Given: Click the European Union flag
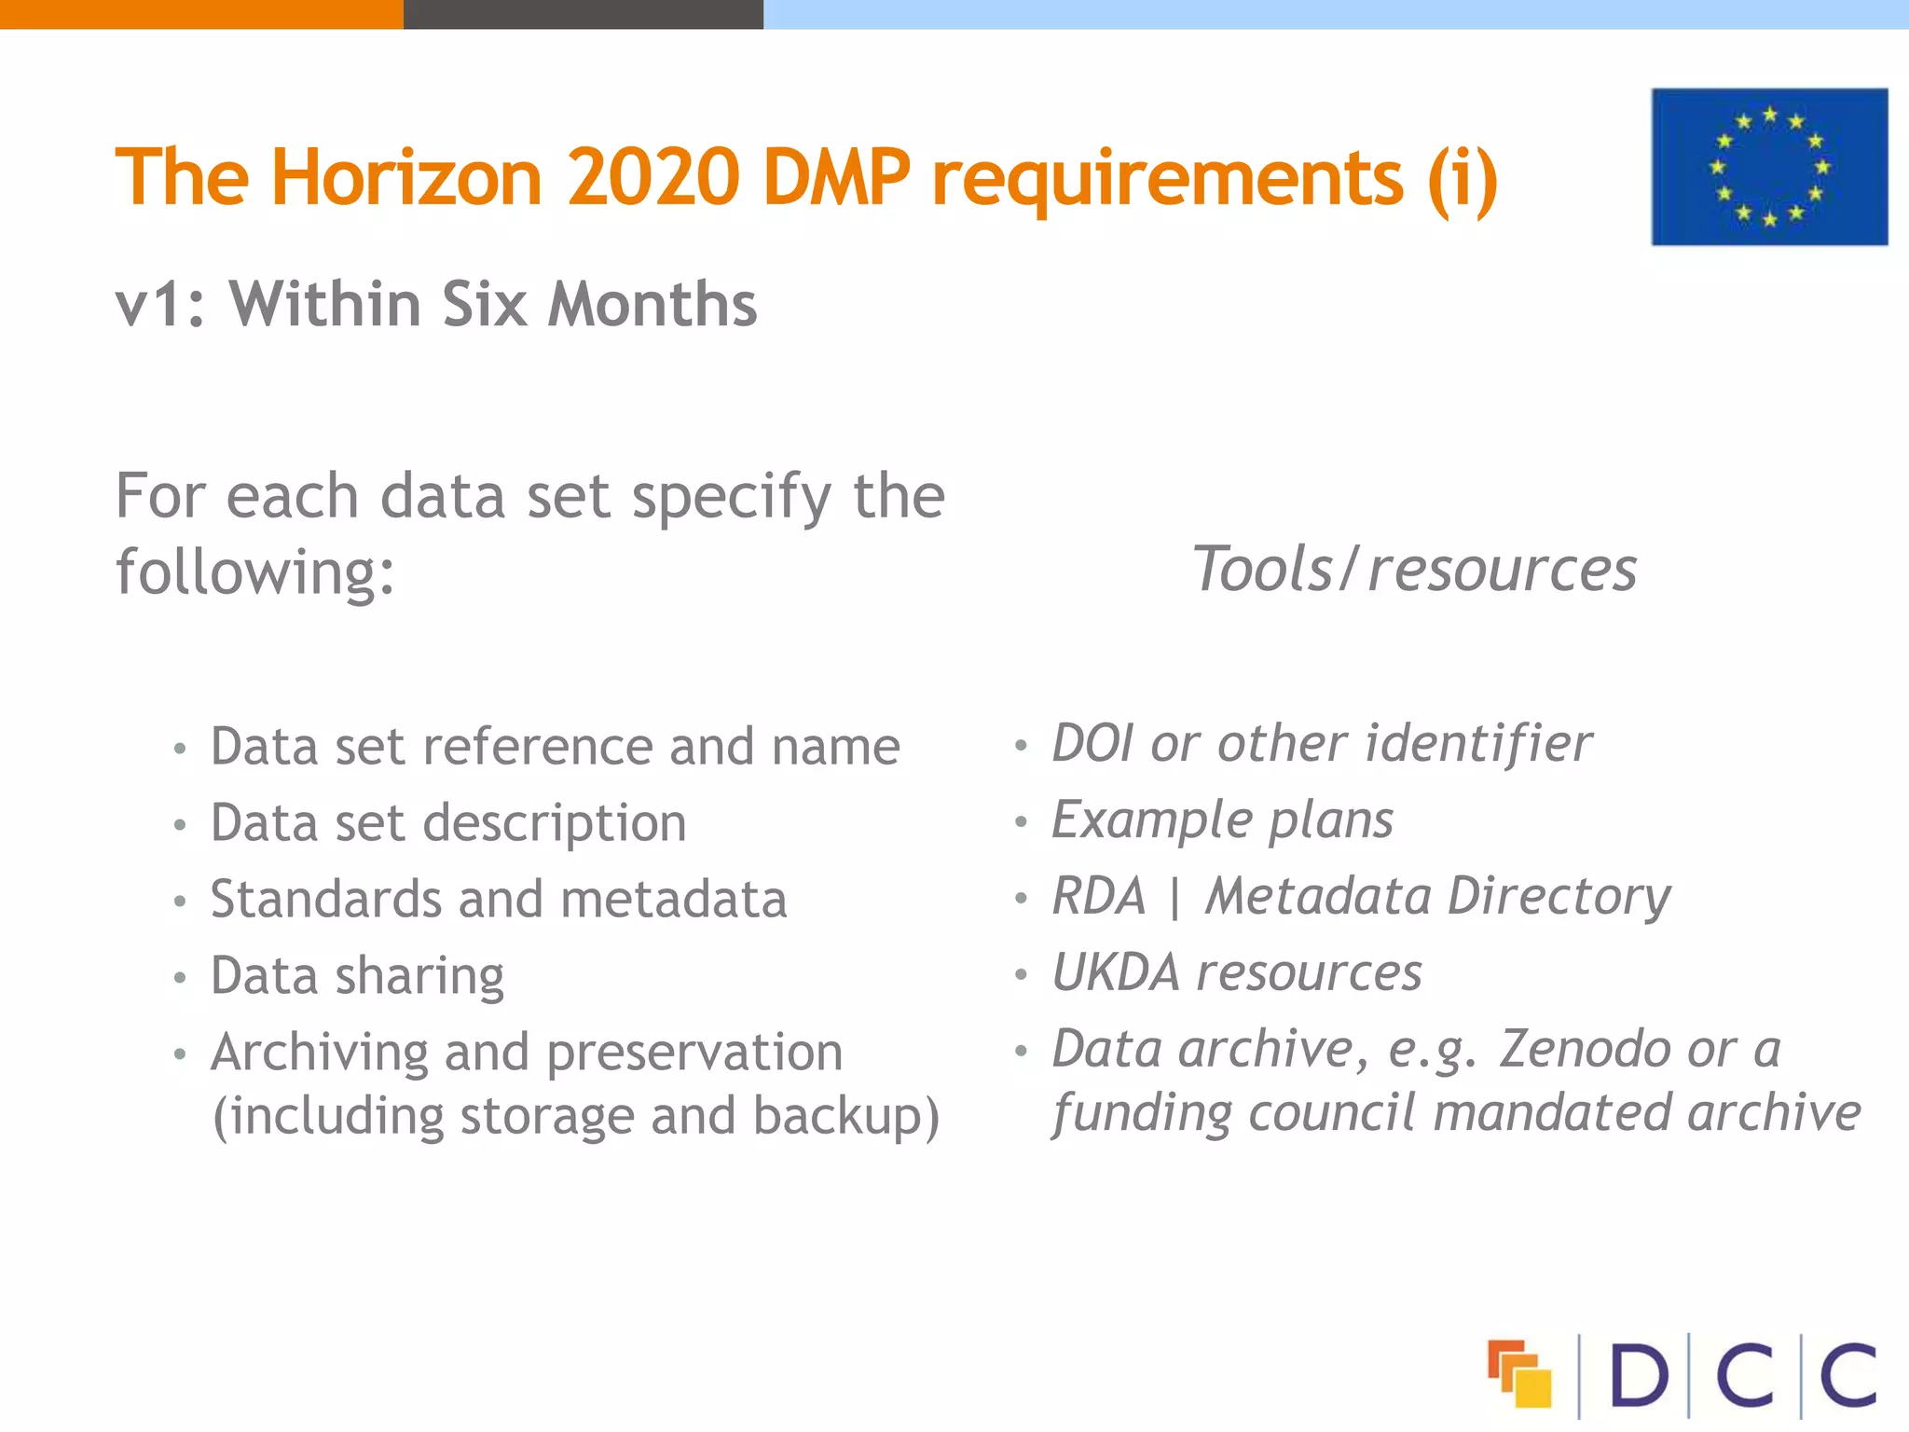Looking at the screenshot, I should point(1769,167).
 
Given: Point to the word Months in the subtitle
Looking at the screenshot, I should point(652,305).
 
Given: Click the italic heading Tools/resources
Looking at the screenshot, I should point(1414,569).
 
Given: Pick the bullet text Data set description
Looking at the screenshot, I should point(448,823).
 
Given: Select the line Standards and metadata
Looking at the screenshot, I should point(499,900).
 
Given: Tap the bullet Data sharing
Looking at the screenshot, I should point(357,976).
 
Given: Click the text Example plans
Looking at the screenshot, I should point(1222,820).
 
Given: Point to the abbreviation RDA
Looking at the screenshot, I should point(1098,897).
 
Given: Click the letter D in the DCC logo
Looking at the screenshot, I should point(1638,1375).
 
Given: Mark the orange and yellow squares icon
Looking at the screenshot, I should point(1519,1373).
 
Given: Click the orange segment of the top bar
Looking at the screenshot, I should point(201,14).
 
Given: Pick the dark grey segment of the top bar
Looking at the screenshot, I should point(583,14).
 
